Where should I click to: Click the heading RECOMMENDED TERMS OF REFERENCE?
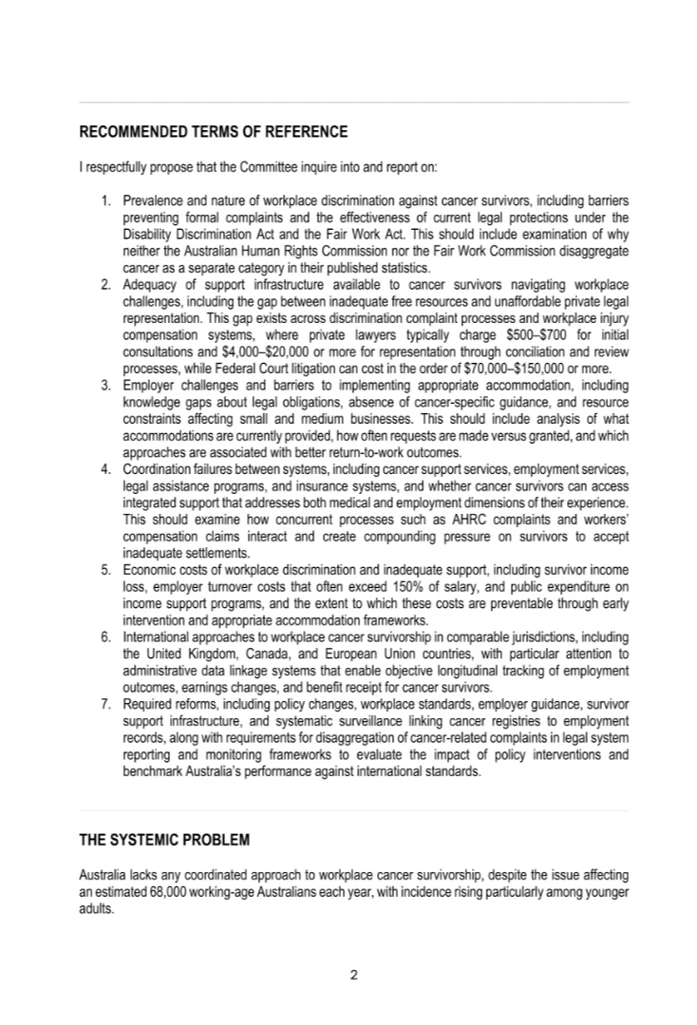213,132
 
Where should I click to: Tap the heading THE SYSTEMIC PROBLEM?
164,841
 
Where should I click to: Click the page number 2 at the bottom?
352,974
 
